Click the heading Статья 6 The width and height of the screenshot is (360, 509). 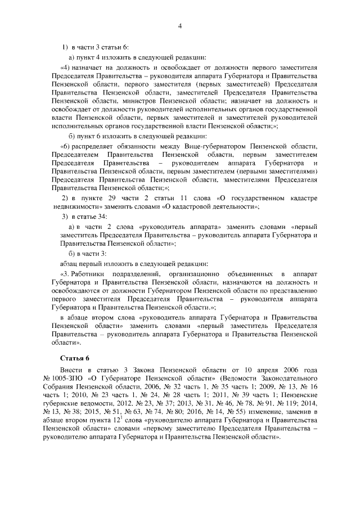[74, 358]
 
